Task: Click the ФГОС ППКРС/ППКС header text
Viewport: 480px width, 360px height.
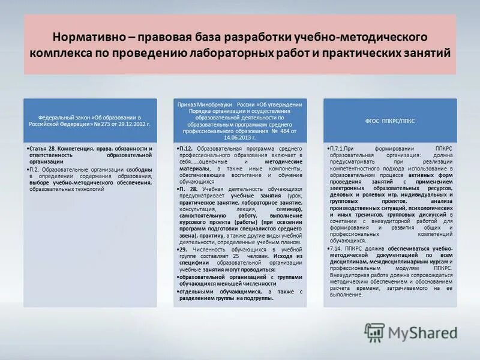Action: [x=391, y=121]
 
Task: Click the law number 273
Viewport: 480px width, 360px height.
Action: [x=100, y=124]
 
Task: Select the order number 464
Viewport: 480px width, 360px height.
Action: [x=277, y=130]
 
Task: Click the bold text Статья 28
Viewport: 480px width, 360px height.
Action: [x=44, y=148]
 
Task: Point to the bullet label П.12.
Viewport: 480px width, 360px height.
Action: [x=185, y=148]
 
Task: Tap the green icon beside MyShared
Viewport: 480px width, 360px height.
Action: [x=374, y=332]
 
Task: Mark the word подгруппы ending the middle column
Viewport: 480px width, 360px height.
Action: [x=260, y=298]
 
